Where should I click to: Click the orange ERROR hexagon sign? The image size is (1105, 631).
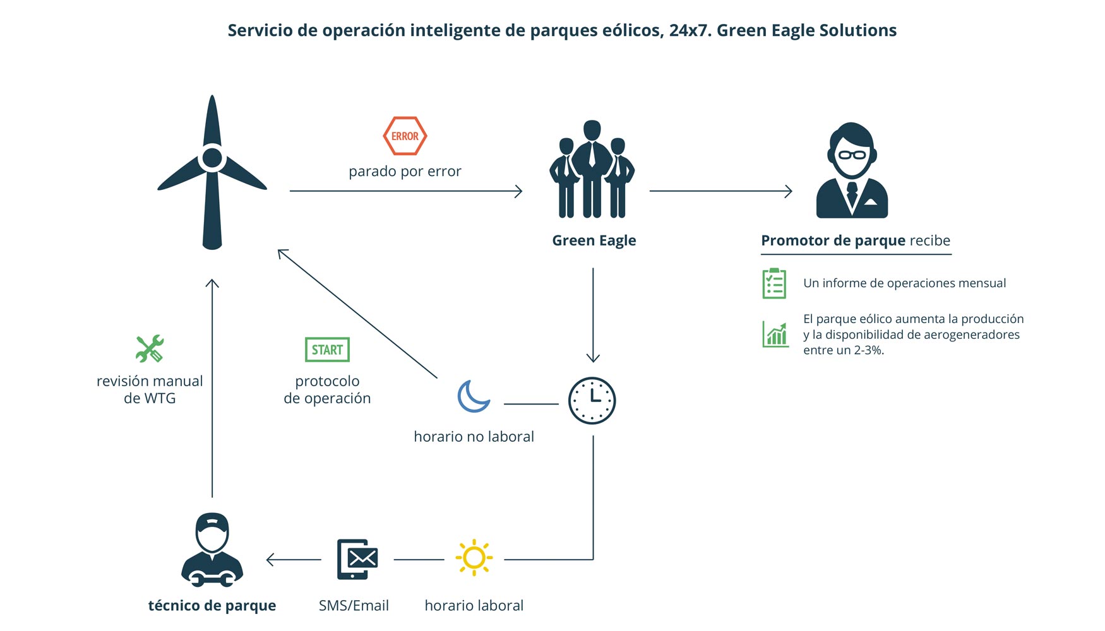(x=405, y=136)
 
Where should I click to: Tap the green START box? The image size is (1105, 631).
(x=327, y=350)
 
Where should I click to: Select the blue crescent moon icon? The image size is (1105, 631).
(x=473, y=397)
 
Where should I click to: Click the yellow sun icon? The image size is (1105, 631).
(x=474, y=558)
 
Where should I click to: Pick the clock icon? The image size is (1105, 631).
(x=592, y=401)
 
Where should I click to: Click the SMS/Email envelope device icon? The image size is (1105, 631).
(x=357, y=559)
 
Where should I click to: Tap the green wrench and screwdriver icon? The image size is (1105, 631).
(x=150, y=348)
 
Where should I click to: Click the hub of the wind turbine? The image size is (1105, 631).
(x=212, y=158)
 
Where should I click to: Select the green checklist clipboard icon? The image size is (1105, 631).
(x=774, y=283)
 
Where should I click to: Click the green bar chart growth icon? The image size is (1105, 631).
(x=775, y=334)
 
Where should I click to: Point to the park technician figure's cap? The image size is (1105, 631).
(x=212, y=522)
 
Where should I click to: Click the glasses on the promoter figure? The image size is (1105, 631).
(x=852, y=155)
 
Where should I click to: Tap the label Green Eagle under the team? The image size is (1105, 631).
(x=594, y=240)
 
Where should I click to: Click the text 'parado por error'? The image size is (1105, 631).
(x=405, y=171)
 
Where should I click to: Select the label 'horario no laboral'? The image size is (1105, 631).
(x=474, y=437)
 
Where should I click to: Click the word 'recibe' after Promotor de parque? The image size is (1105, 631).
(x=929, y=240)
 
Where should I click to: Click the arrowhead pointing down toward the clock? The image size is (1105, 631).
(x=593, y=358)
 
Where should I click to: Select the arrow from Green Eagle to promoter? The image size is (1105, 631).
(x=720, y=191)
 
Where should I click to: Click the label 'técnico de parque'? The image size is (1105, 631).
(x=212, y=606)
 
